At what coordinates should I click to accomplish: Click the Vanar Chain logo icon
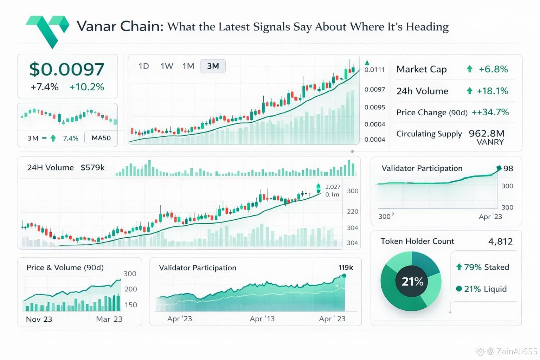(48, 30)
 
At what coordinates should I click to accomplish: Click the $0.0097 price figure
(67, 69)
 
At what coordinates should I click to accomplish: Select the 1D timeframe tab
(144, 66)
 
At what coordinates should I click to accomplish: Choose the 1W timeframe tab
(167, 66)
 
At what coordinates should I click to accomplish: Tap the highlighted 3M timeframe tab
(213, 66)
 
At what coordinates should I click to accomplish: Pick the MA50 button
(101, 138)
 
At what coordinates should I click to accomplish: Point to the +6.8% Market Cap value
(493, 69)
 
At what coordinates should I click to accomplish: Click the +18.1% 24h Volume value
(492, 91)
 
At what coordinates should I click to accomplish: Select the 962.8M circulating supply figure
(487, 134)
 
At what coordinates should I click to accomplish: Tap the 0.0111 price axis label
(375, 70)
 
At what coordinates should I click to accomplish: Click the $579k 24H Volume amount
(93, 168)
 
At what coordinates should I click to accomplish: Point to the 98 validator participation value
(508, 168)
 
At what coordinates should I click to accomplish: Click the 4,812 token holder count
(501, 242)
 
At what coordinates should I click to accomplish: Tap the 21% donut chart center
(412, 282)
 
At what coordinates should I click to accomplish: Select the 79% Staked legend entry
(483, 267)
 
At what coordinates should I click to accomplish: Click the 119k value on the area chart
(346, 268)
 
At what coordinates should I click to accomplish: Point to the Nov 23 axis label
(39, 319)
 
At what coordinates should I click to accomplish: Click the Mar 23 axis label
(109, 319)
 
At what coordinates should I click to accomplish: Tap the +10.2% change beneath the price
(87, 87)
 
